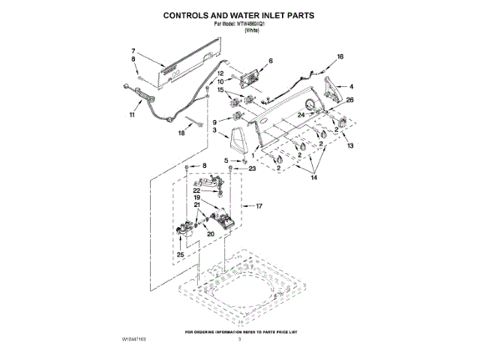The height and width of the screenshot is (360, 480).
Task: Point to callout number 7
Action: click(133, 51)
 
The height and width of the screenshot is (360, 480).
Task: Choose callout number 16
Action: click(339, 57)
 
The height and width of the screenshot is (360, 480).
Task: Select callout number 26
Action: click(349, 100)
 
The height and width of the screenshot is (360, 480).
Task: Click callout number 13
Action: click(349, 145)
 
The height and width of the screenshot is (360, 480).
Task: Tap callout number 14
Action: click(314, 178)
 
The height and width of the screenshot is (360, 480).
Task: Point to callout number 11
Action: click(133, 115)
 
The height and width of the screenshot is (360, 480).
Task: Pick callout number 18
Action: click(180, 133)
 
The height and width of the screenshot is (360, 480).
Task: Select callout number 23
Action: click(252, 169)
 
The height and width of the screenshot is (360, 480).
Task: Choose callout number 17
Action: click(260, 205)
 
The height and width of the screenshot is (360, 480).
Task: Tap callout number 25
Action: click(180, 256)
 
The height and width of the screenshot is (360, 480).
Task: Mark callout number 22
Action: click(196, 190)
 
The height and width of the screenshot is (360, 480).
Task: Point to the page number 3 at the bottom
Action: click(240, 340)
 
